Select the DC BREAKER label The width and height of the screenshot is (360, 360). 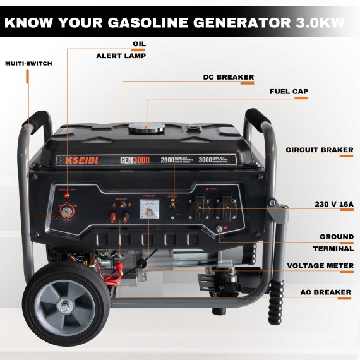click(228, 77)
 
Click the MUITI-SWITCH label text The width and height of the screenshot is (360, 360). click(28, 64)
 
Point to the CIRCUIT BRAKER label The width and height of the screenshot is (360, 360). click(319, 150)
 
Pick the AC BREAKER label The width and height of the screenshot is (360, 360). click(325, 292)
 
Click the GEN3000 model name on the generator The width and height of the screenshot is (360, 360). click(135, 160)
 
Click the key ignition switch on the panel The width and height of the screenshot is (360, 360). click(66, 215)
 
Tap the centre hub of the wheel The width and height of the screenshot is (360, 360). click(65, 308)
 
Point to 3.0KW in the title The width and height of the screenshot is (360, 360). click(320, 23)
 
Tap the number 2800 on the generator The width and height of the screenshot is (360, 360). click(167, 160)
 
